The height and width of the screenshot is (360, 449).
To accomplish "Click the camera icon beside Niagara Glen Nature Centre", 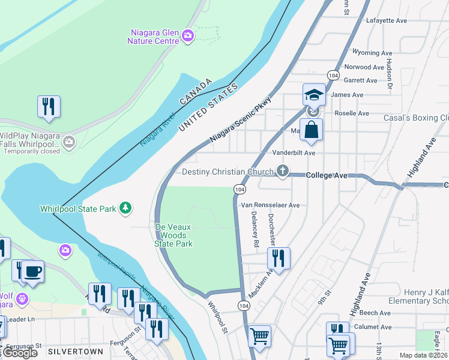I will pos(188,36).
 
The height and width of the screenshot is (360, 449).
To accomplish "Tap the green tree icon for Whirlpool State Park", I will pos(125,208).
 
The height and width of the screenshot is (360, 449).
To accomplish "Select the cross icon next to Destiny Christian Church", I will pos(282,172).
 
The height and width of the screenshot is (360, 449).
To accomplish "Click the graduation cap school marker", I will pos(313,95).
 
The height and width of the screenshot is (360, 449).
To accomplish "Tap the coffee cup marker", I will pos(32,271).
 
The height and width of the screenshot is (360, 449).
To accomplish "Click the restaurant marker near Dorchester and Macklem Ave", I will pos(279,258).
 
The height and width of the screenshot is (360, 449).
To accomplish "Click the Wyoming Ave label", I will pos(372,52).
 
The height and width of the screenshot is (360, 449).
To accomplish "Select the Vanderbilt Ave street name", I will pos(294,153).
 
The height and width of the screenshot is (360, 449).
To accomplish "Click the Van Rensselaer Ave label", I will pos(270,205).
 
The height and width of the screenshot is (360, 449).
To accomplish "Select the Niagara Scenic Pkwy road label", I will pos(240,120).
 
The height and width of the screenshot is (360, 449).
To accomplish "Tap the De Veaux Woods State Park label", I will pos(173,235).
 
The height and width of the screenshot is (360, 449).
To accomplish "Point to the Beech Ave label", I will pos(376,313).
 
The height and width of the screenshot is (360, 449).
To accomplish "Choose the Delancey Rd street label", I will pos(255,229).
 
